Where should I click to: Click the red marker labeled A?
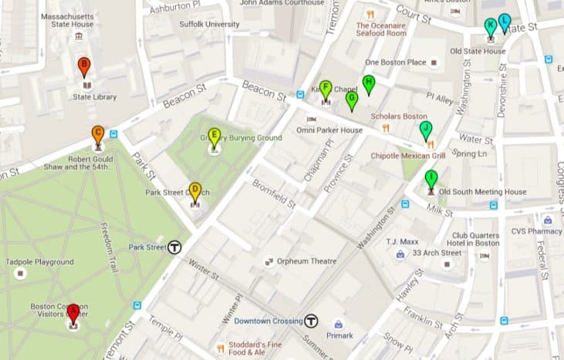pyautogui.click(x=73, y=313)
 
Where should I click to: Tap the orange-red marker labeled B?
pyautogui.click(x=84, y=67)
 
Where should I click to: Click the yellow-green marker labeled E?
pyautogui.click(x=214, y=136)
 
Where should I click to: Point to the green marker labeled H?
pyautogui.click(x=369, y=82)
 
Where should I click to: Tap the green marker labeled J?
pyautogui.click(x=425, y=129)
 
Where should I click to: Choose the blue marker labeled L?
pyautogui.click(x=504, y=22)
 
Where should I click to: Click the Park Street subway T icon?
pyautogui.click(x=174, y=247)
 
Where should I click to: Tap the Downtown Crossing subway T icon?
pyautogui.click(x=312, y=321)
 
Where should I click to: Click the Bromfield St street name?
pyautogui.click(x=275, y=195)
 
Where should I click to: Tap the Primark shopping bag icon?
pyautogui.click(x=338, y=324)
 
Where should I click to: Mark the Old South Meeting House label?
pyautogui.click(x=482, y=192)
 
